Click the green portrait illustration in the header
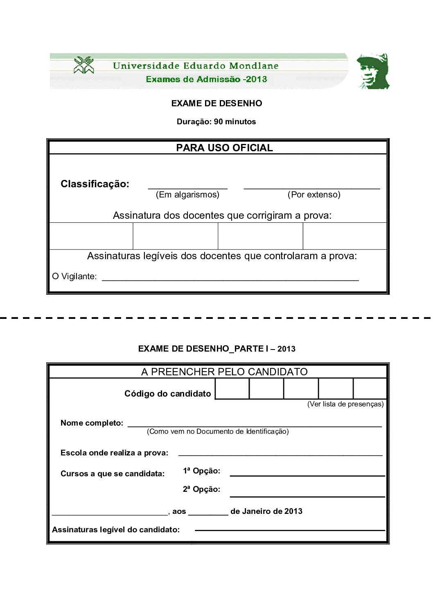[x=373, y=71]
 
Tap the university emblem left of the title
[x=84, y=65]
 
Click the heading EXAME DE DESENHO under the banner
[x=216, y=103]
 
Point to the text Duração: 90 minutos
[x=216, y=122]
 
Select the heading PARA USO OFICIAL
[x=224, y=148]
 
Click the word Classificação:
[x=95, y=184]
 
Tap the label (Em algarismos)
[x=187, y=195]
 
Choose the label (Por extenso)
[x=314, y=195]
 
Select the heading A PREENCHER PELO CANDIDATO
[x=224, y=372]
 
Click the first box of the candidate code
[x=232, y=389]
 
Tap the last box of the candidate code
[x=370, y=389]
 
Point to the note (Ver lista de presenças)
[x=345, y=404]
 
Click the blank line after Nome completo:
[x=255, y=425]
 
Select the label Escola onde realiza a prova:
[x=115, y=453]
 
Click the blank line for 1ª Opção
[x=307, y=475]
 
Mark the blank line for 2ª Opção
[x=307, y=495]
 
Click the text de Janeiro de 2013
[x=266, y=511]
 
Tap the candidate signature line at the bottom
[x=290, y=529]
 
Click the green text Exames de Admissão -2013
[x=206, y=79]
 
